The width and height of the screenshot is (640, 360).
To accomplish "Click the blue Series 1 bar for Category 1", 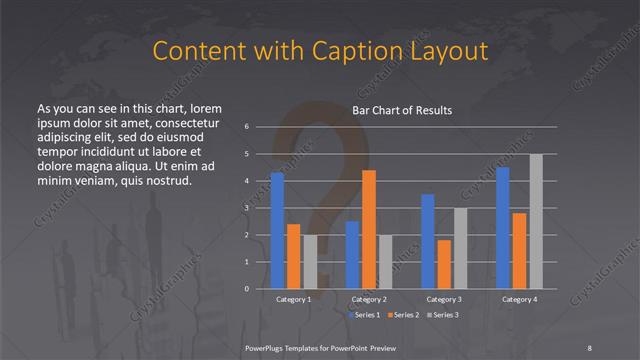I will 277,231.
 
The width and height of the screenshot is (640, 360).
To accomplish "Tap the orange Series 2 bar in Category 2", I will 368,230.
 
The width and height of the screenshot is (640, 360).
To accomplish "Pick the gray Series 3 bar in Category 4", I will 536,222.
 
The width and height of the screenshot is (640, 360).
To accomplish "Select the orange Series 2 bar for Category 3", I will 444,265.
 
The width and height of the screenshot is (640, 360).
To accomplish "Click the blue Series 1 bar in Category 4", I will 502,228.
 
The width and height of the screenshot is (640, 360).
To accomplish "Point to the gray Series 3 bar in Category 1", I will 310,262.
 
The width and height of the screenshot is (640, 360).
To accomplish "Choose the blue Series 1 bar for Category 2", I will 352,255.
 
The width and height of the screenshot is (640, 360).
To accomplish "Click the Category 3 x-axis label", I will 443,299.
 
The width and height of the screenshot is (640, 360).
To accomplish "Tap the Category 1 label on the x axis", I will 293,299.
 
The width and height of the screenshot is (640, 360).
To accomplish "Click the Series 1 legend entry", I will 365,315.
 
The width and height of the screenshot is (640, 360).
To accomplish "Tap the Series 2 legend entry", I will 403,315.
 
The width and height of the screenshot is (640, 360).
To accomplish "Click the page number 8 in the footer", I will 590,346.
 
